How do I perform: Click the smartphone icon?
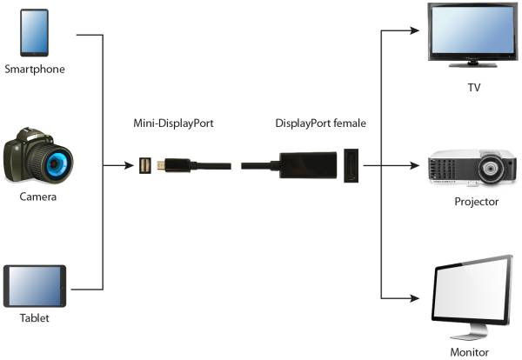pyautogui.click(x=34, y=34)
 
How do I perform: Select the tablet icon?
pyautogui.click(x=35, y=285)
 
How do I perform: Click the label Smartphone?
pyautogui.click(x=35, y=69)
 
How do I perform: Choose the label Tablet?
pyautogui.click(x=35, y=318)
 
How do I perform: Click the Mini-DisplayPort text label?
pyautogui.click(x=174, y=123)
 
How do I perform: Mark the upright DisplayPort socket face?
pyautogui.click(x=351, y=165)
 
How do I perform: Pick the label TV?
pyautogui.click(x=474, y=87)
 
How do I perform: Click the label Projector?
pyautogui.click(x=476, y=202)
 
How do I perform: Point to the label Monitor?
pyautogui.click(x=470, y=352)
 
